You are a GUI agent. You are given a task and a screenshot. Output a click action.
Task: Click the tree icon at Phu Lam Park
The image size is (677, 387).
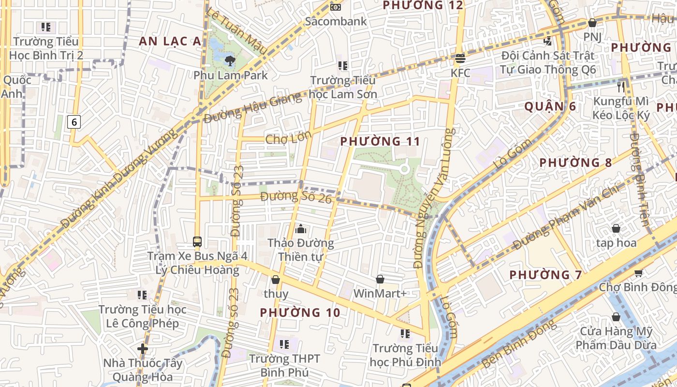pos(230,60)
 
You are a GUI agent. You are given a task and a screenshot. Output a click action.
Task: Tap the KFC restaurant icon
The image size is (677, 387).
pos(460,59)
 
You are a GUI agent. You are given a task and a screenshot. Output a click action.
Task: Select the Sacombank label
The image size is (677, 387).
pos(336,21)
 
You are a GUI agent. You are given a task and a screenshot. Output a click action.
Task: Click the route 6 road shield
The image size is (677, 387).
pos(74,121)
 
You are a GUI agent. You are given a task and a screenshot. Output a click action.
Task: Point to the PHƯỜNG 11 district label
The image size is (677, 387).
pos(380,141)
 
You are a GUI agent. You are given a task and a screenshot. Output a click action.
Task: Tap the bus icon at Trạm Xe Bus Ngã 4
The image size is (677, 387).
pos(197,241)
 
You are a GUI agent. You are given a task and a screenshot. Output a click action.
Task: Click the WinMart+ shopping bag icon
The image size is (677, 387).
pos(380,279)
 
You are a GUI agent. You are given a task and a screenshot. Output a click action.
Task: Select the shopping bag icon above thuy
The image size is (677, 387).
pos(276,280)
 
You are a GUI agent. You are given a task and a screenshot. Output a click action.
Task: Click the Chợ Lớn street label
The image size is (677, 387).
pos(288,139)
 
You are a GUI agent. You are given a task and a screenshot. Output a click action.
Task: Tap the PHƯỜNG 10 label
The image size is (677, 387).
pos(300,313)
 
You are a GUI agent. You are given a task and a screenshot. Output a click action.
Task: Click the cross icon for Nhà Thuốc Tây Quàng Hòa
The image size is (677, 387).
pos(142,348)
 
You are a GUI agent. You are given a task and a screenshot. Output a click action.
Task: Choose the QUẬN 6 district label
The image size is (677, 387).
pos(550,106)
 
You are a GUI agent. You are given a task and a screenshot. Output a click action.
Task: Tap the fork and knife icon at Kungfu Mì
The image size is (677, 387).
pos(621,87)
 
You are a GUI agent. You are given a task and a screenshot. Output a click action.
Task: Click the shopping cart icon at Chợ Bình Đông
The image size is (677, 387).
pos(638,273)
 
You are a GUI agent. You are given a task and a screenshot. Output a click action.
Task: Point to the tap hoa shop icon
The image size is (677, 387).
pos(616,228)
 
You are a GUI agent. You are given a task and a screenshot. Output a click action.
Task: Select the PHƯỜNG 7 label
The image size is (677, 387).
pos(545,275)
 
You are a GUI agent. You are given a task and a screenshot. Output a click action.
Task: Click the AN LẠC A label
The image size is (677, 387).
pos(170,42)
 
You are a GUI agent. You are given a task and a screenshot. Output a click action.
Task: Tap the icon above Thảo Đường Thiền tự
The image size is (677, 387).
pos(300,228)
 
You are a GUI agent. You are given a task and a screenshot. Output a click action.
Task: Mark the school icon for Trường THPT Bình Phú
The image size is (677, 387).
pos(284,344)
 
